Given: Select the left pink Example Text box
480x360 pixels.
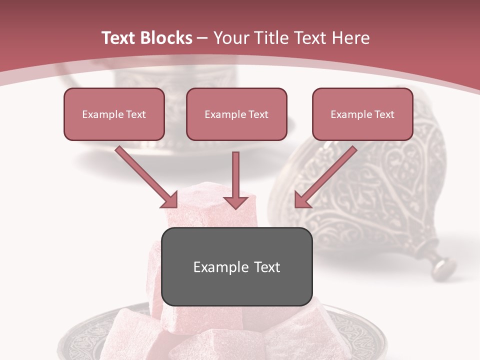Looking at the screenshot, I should (x=114, y=114).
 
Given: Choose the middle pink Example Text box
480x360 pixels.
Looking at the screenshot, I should (x=236, y=114).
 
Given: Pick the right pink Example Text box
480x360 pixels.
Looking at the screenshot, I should (x=362, y=114).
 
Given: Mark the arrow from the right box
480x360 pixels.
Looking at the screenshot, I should (x=325, y=177).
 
